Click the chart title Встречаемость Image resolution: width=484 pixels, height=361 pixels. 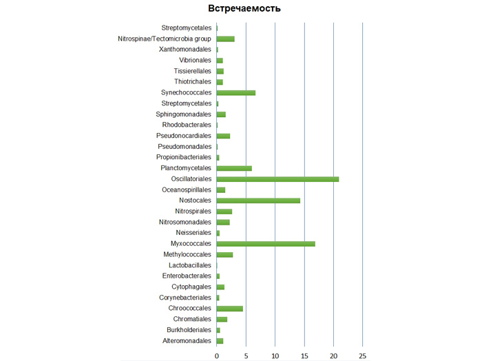point(245,8)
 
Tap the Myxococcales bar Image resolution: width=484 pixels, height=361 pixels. point(266,243)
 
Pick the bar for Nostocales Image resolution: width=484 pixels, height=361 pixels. point(258,200)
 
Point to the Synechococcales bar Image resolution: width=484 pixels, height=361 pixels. point(236,92)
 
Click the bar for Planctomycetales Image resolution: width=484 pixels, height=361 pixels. point(234,168)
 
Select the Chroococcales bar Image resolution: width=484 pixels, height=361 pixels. point(230,308)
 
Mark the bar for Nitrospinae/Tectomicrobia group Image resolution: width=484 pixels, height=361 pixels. point(226,39)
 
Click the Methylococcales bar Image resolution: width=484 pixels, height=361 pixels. point(225,254)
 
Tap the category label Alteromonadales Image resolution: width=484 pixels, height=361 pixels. point(187,340)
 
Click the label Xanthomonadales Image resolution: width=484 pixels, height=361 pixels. point(185,50)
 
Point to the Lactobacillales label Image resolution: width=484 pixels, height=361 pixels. point(190,265)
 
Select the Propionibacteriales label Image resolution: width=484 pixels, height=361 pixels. point(184,158)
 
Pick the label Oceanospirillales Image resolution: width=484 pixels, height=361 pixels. point(187,189)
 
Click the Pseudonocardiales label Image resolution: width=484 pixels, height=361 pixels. point(184,136)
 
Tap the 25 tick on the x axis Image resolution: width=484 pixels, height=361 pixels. point(363,355)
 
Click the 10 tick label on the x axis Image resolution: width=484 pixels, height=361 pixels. point(275,355)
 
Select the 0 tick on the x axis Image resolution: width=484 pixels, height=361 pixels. point(217,355)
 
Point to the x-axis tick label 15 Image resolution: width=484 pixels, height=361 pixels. point(304,355)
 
